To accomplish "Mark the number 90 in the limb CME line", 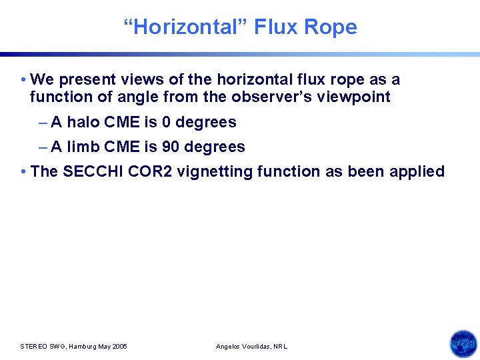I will (171, 147).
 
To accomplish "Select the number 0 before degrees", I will (167, 123).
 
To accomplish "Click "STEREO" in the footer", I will (33, 347).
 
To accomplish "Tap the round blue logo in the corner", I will (463, 344).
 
